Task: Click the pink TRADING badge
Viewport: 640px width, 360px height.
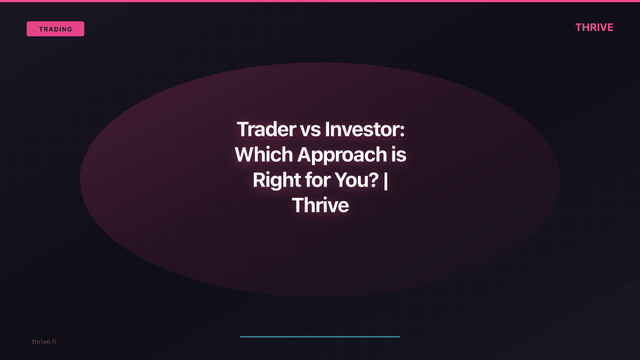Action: (55, 29)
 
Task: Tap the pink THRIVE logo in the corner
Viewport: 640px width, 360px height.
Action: (594, 28)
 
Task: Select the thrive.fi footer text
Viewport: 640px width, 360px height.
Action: (44, 341)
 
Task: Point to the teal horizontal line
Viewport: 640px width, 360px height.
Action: (320, 337)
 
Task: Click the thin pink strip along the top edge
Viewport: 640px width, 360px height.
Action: (320, 1)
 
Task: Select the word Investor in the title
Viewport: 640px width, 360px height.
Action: (362, 130)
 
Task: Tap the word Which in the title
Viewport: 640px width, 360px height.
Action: (263, 155)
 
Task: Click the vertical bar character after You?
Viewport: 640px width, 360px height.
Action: (385, 181)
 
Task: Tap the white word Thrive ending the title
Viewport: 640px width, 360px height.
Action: (320, 206)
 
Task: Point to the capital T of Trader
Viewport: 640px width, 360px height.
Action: (243, 130)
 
